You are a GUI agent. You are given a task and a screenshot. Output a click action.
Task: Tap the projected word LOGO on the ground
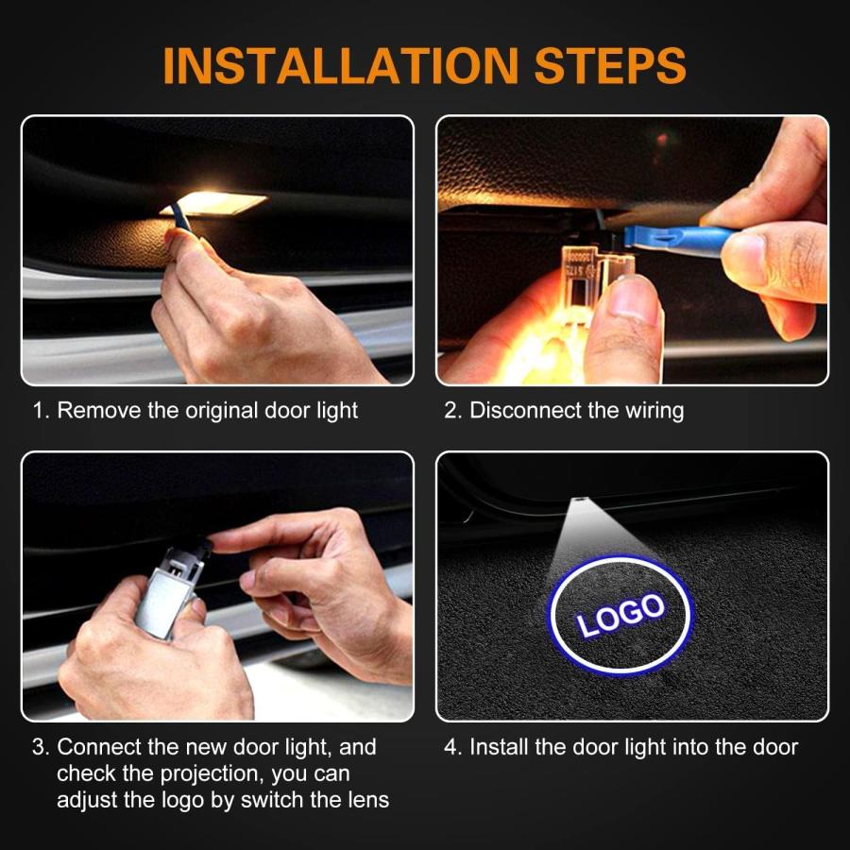[x=620, y=614]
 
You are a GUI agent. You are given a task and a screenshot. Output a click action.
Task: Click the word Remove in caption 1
[x=100, y=411]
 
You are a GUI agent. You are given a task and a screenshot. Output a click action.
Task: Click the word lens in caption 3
[x=367, y=800]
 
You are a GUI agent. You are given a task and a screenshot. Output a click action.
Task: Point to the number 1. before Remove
[x=41, y=411]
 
